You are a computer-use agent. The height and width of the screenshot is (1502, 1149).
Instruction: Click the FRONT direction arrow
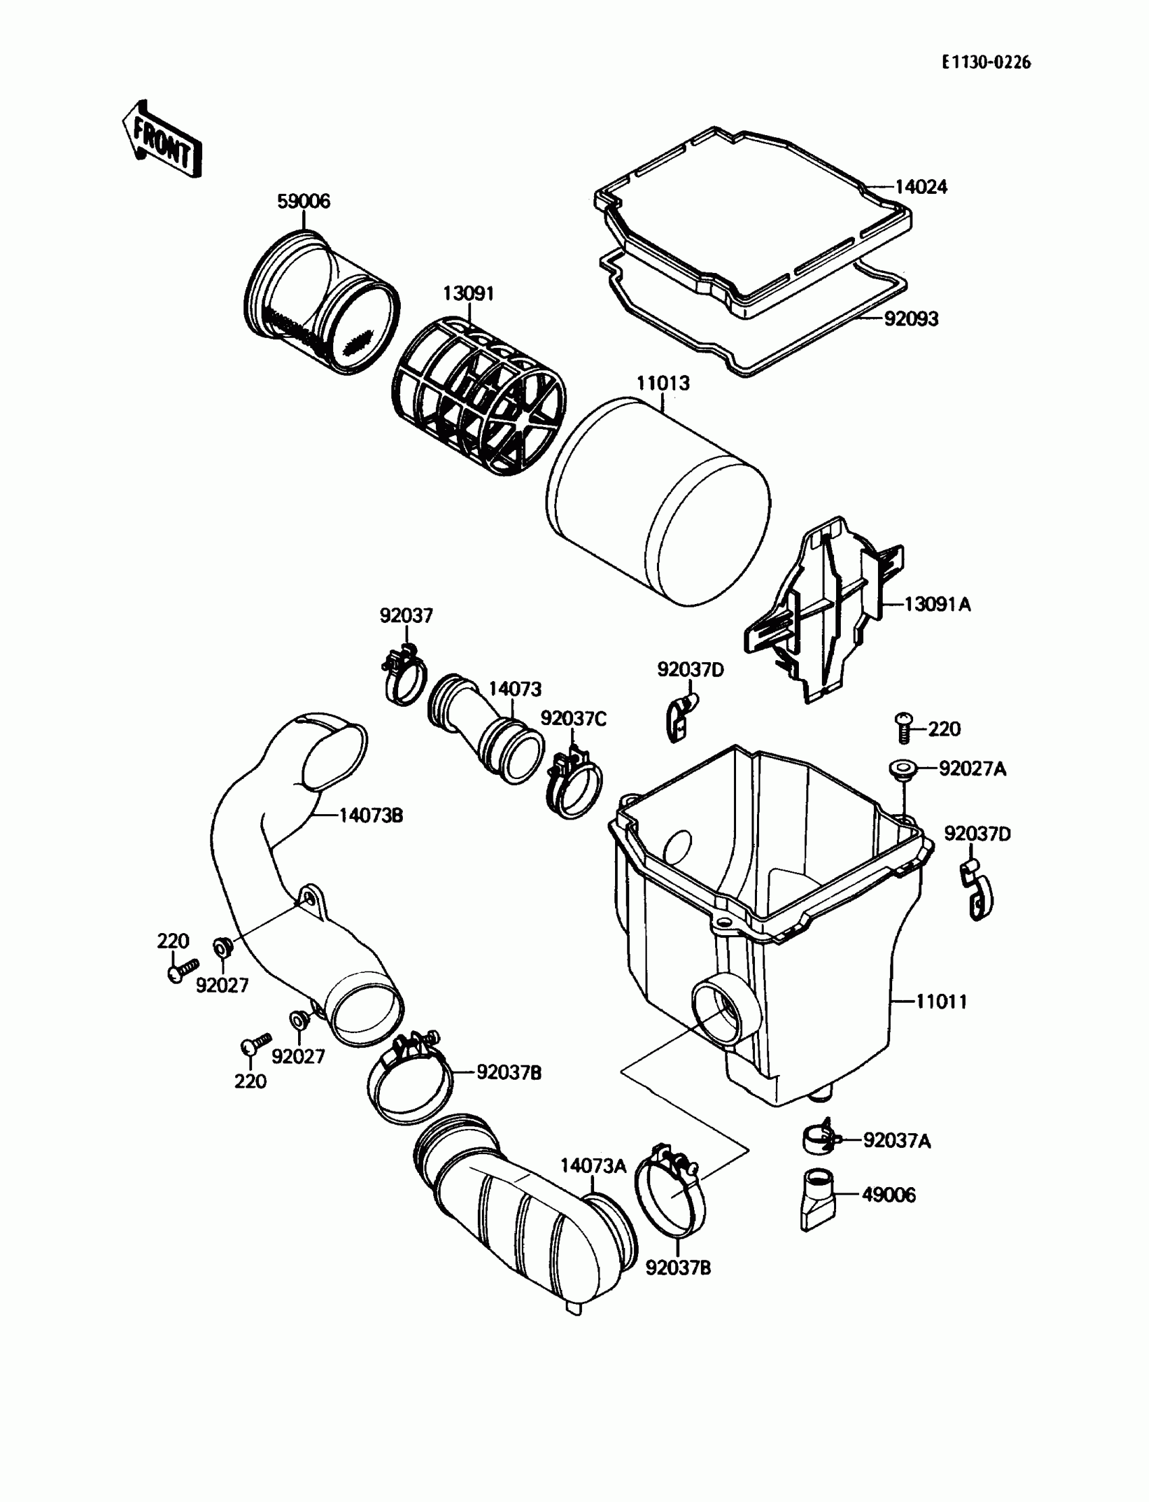click(162, 139)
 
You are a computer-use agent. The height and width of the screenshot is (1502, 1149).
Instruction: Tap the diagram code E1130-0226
click(985, 63)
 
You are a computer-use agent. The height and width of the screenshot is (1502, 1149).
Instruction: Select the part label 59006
click(303, 201)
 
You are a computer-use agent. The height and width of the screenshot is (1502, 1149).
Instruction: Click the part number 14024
click(921, 186)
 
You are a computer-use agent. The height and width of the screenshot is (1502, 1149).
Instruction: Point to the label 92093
click(911, 319)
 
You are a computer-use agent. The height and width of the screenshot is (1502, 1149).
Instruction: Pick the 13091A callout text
click(937, 604)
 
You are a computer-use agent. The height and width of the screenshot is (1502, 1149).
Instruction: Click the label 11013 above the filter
click(663, 384)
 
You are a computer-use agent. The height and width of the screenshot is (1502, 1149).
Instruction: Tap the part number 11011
click(941, 1002)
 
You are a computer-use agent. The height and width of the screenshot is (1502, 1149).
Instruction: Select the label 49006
click(888, 1195)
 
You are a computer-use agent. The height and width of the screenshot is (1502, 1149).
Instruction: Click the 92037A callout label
click(897, 1141)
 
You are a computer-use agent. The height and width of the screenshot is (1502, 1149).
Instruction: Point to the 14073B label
click(370, 815)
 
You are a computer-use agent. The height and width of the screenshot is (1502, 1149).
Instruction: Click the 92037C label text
click(573, 718)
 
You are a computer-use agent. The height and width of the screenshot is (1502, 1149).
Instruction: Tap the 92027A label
click(972, 769)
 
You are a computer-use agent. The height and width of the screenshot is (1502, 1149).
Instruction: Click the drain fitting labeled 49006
click(818, 1201)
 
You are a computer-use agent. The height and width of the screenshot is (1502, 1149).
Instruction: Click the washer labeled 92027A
click(903, 768)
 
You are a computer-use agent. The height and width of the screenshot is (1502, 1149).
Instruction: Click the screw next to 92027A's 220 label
click(904, 728)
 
